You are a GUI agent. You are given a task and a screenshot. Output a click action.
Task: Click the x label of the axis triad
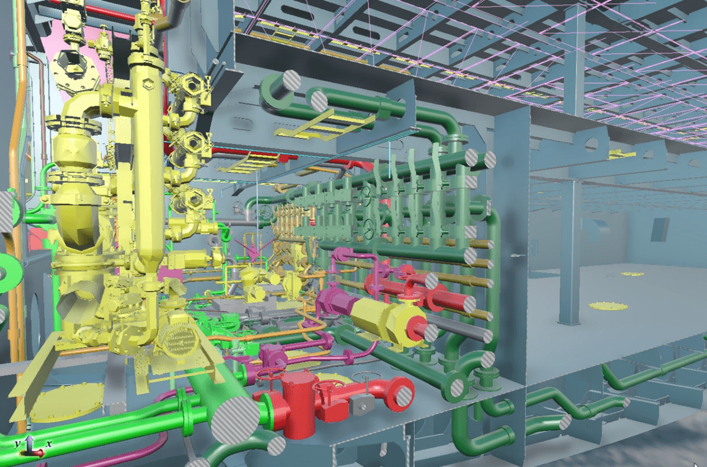point(48,444)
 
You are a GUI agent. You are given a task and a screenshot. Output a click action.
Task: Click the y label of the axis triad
point(18,443)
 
